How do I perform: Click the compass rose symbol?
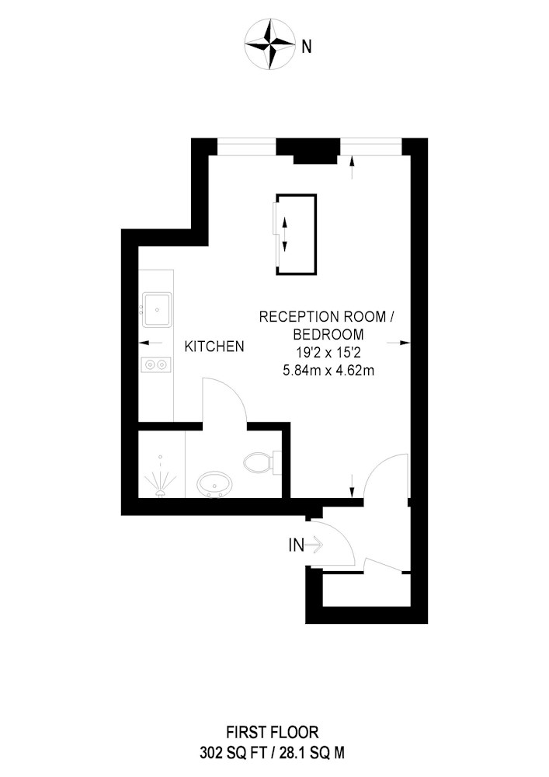[x=270, y=44]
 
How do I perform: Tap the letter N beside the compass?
[x=307, y=47]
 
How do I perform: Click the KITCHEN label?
[x=214, y=347]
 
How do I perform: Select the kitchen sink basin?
[x=157, y=310]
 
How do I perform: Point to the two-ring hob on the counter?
[x=156, y=364]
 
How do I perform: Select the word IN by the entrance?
[x=296, y=545]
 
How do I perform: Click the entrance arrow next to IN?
[x=314, y=545]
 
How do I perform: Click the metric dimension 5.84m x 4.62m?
[x=328, y=370]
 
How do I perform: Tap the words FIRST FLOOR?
[x=273, y=731]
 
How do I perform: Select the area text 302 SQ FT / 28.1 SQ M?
[x=273, y=753]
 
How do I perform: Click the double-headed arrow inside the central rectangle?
[x=285, y=235]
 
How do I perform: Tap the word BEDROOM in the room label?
[x=328, y=334]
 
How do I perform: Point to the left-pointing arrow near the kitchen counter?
[x=151, y=343]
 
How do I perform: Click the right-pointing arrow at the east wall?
[x=398, y=343]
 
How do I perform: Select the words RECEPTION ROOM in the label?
[x=323, y=317]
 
